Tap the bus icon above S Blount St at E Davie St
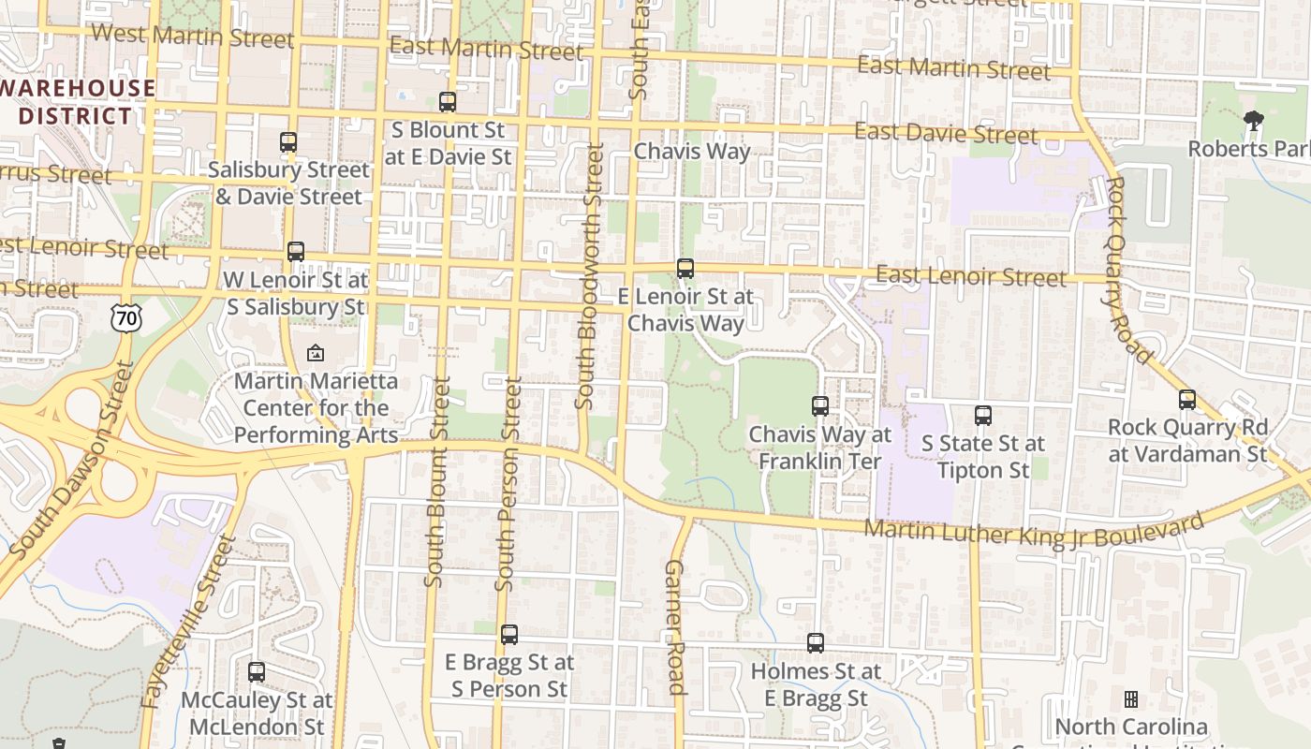pos(448,102)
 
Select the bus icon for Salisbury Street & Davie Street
pos(288,142)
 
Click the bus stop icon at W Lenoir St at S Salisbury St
pos(296,251)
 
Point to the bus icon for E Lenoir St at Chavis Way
pos(685,269)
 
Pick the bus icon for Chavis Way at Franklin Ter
pos(820,406)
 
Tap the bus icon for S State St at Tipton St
pos(983,415)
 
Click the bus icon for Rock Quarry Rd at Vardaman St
pos(1187,400)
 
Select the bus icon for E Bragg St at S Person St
pos(509,635)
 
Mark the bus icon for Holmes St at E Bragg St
pos(816,643)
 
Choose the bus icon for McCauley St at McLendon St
pos(257,671)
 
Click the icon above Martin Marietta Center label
pos(316,353)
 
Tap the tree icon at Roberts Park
pos(1253,121)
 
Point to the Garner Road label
pos(676,627)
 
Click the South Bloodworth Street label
pos(589,276)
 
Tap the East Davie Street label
pos(946,133)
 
